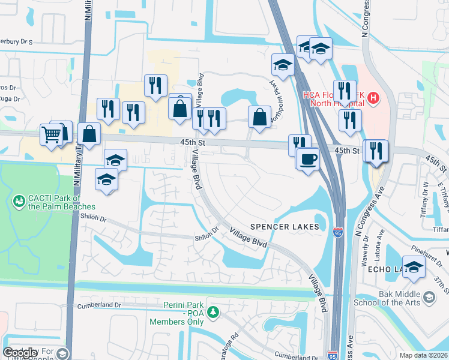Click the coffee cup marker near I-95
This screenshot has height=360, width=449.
coord(309,160)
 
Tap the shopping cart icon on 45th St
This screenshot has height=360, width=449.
coord(51,134)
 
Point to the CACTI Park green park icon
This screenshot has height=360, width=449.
coord(19,200)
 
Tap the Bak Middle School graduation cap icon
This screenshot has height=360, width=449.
coord(429,297)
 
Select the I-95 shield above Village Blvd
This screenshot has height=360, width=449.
coord(337,229)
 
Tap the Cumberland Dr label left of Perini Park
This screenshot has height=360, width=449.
coord(99,305)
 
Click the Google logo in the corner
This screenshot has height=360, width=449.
coord(20,353)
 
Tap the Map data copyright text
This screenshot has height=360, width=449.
coord(423,355)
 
